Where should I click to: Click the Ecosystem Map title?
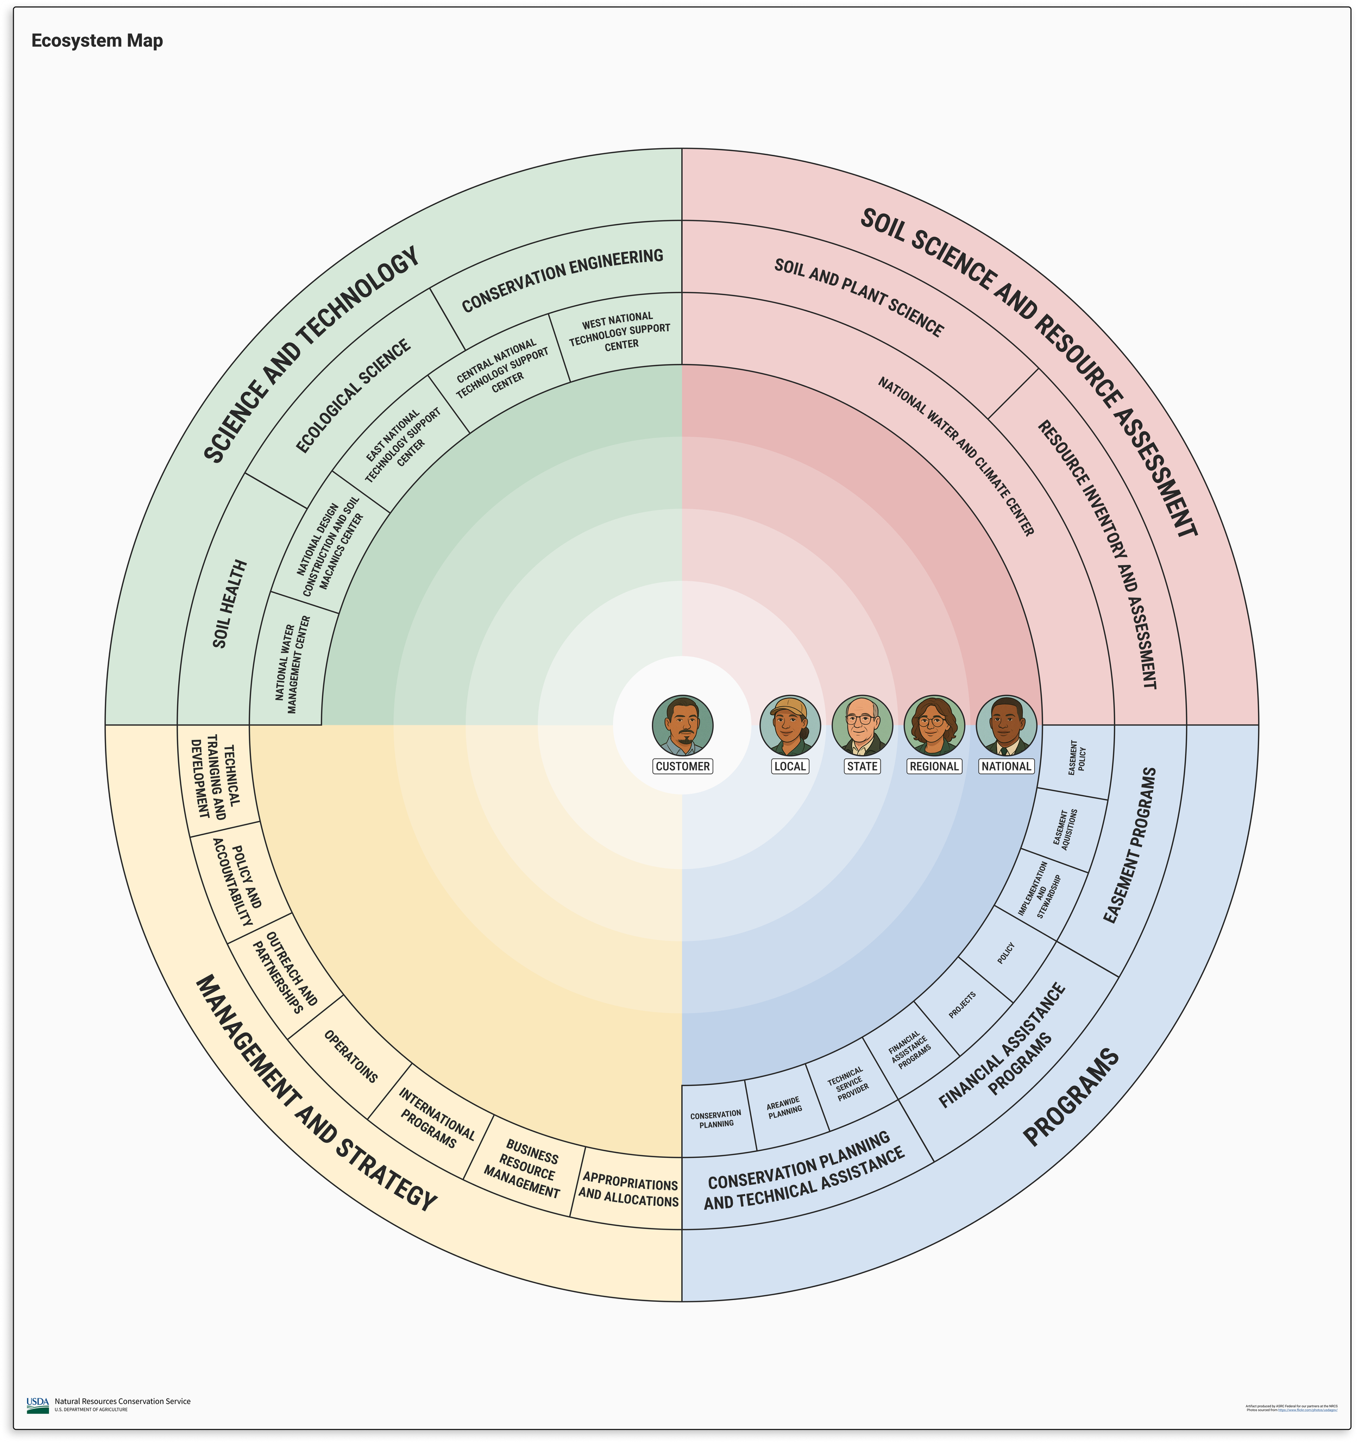[x=97, y=41]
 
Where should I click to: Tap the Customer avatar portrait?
[x=682, y=725]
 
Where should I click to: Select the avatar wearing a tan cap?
[x=790, y=725]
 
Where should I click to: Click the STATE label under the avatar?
[x=862, y=766]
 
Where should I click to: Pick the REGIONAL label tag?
[x=934, y=766]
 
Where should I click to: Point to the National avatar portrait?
[x=1006, y=725]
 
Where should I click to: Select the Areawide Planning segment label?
[x=784, y=1107]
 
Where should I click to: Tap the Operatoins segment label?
[x=350, y=1056]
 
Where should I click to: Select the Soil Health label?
[x=230, y=604]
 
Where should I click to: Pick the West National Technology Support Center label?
[x=619, y=331]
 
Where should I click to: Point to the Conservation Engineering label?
[x=563, y=280]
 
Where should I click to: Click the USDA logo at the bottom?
[x=37, y=1406]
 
